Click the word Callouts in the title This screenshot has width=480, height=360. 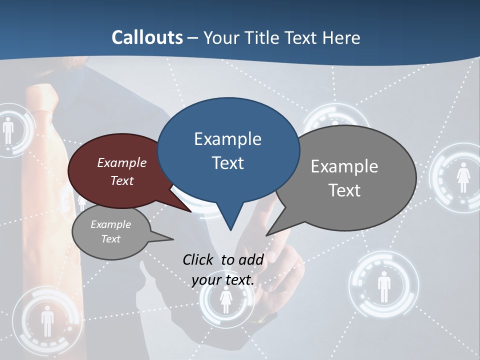pos(147,37)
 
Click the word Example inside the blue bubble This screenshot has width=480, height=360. pos(227,139)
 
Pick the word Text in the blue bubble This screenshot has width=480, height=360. pos(227,163)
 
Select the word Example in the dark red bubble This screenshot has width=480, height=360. pos(121,162)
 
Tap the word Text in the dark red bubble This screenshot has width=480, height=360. pos(121,180)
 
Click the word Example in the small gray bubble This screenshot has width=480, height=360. pos(110,224)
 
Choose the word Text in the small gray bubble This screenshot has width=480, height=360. pos(110,239)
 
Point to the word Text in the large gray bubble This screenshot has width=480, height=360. pos(344,190)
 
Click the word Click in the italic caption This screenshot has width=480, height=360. pos(199,259)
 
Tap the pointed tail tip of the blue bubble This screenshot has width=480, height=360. pos(230,229)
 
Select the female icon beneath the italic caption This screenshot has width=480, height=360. pos(226,300)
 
